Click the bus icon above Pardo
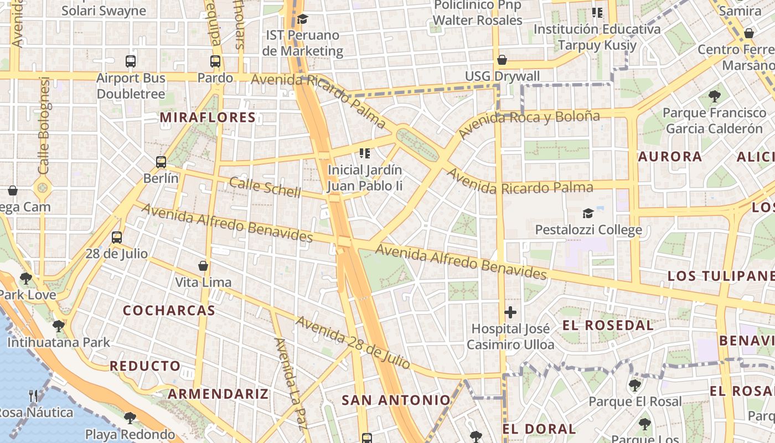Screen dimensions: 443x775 coord(215,61)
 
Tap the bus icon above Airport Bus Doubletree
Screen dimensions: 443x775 coord(131,61)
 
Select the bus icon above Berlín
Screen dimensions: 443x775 coord(161,162)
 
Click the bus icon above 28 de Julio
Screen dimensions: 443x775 coord(117,238)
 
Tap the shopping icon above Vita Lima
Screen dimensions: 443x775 coord(203,266)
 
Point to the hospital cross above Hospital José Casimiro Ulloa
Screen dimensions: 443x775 coord(510,312)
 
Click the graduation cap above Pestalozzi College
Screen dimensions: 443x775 coord(588,213)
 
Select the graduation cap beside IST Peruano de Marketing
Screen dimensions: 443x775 coord(302,19)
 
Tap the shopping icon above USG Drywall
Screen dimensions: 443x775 coord(502,60)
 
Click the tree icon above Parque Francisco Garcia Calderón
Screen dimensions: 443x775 coord(715,96)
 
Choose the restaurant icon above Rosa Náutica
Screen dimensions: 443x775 coord(33,396)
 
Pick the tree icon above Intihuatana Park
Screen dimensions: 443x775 coord(59,326)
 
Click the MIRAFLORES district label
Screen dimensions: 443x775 coord(208,117)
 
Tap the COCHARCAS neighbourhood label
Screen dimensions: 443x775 coord(169,310)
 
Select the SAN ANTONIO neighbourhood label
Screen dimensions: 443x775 coord(396,400)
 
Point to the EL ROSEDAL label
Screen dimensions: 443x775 coord(608,325)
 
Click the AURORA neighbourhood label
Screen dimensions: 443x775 coord(670,157)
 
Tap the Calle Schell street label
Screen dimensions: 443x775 coord(265,188)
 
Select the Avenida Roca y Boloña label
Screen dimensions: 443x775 coord(529,124)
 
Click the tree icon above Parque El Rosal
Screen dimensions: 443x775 coord(635,385)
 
